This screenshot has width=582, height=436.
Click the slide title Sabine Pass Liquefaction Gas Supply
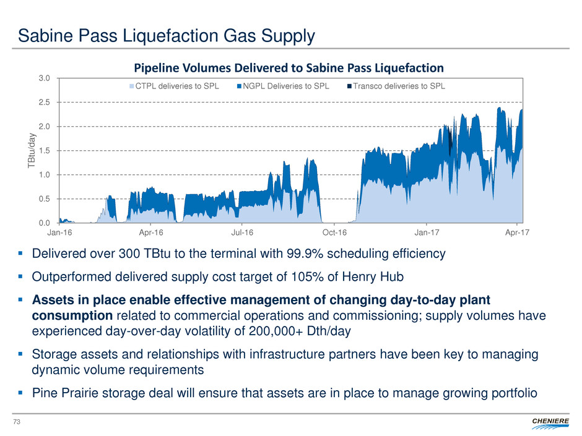coord(167,36)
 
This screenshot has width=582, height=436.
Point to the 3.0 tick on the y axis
coord(45,79)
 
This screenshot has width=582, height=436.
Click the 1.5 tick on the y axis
coord(45,150)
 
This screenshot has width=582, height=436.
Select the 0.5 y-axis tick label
coord(45,199)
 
